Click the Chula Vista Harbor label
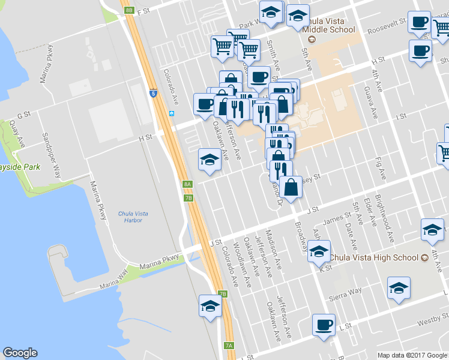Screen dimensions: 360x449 (133, 217)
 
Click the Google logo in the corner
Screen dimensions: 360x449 (20, 353)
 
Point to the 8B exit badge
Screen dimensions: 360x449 (129, 10)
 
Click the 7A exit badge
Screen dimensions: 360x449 (228, 346)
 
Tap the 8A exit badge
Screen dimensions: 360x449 (187, 184)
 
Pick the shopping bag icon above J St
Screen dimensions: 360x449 (291, 186)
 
